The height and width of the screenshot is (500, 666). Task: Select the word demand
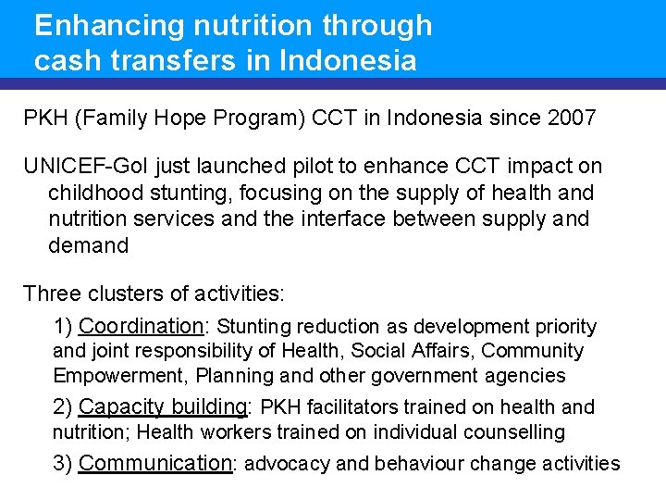point(88,245)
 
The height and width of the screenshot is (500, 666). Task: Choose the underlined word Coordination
point(141,327)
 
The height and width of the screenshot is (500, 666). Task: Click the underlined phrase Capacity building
point(163,407)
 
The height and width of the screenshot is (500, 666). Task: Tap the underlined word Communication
point(154,464)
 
